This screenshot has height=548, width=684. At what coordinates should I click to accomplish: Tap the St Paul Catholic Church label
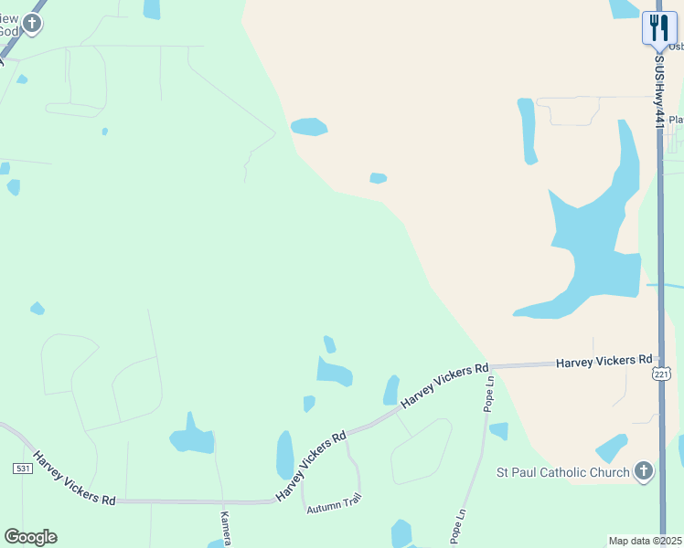562,472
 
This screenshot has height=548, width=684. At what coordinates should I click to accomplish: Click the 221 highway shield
662,374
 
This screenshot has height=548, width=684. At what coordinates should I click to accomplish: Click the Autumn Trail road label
334,502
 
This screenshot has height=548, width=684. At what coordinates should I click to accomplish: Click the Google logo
30,537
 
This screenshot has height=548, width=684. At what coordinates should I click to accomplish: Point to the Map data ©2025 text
645,541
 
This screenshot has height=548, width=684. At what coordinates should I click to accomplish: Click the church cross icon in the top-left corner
32,23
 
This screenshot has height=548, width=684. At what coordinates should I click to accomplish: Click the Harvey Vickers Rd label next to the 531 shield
74,478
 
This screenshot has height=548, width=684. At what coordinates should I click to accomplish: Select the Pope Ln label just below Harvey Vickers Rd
489,394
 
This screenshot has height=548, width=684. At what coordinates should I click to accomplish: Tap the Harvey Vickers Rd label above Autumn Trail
312,465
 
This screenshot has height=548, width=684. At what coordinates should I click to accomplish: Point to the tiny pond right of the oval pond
378,178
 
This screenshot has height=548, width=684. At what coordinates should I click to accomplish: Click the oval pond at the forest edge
309,127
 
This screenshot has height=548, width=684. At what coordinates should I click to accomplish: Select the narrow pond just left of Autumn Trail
284,454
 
